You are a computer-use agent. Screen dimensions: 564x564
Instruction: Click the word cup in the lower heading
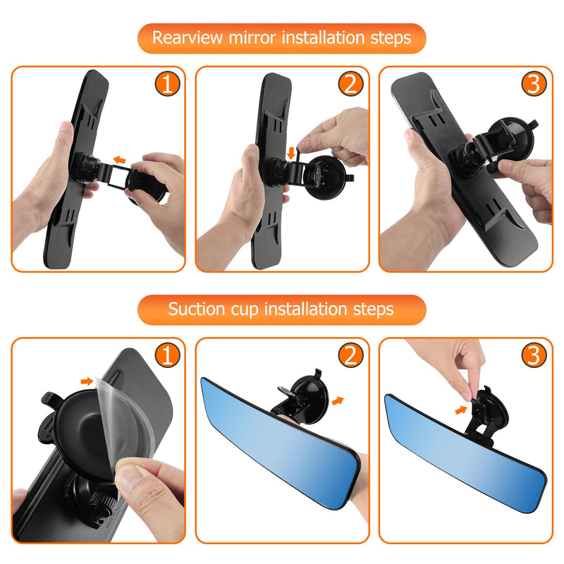pos(255,309)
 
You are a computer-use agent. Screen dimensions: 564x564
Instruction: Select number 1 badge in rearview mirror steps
pos(167,85)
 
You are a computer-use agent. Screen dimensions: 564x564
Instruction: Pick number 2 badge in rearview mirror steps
pos(350,85)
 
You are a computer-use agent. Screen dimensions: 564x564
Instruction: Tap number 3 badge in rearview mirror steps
pos(534,85)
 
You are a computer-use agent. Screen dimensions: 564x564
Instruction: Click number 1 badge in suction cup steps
pos(167,356)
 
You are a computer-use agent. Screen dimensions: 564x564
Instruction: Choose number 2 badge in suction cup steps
pos(350,356)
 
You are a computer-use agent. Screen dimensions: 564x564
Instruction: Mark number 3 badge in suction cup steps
pos(534,356)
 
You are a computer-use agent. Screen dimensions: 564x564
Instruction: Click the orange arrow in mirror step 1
pos(122,160)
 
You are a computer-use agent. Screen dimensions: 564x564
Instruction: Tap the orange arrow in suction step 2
pos(338,400)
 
